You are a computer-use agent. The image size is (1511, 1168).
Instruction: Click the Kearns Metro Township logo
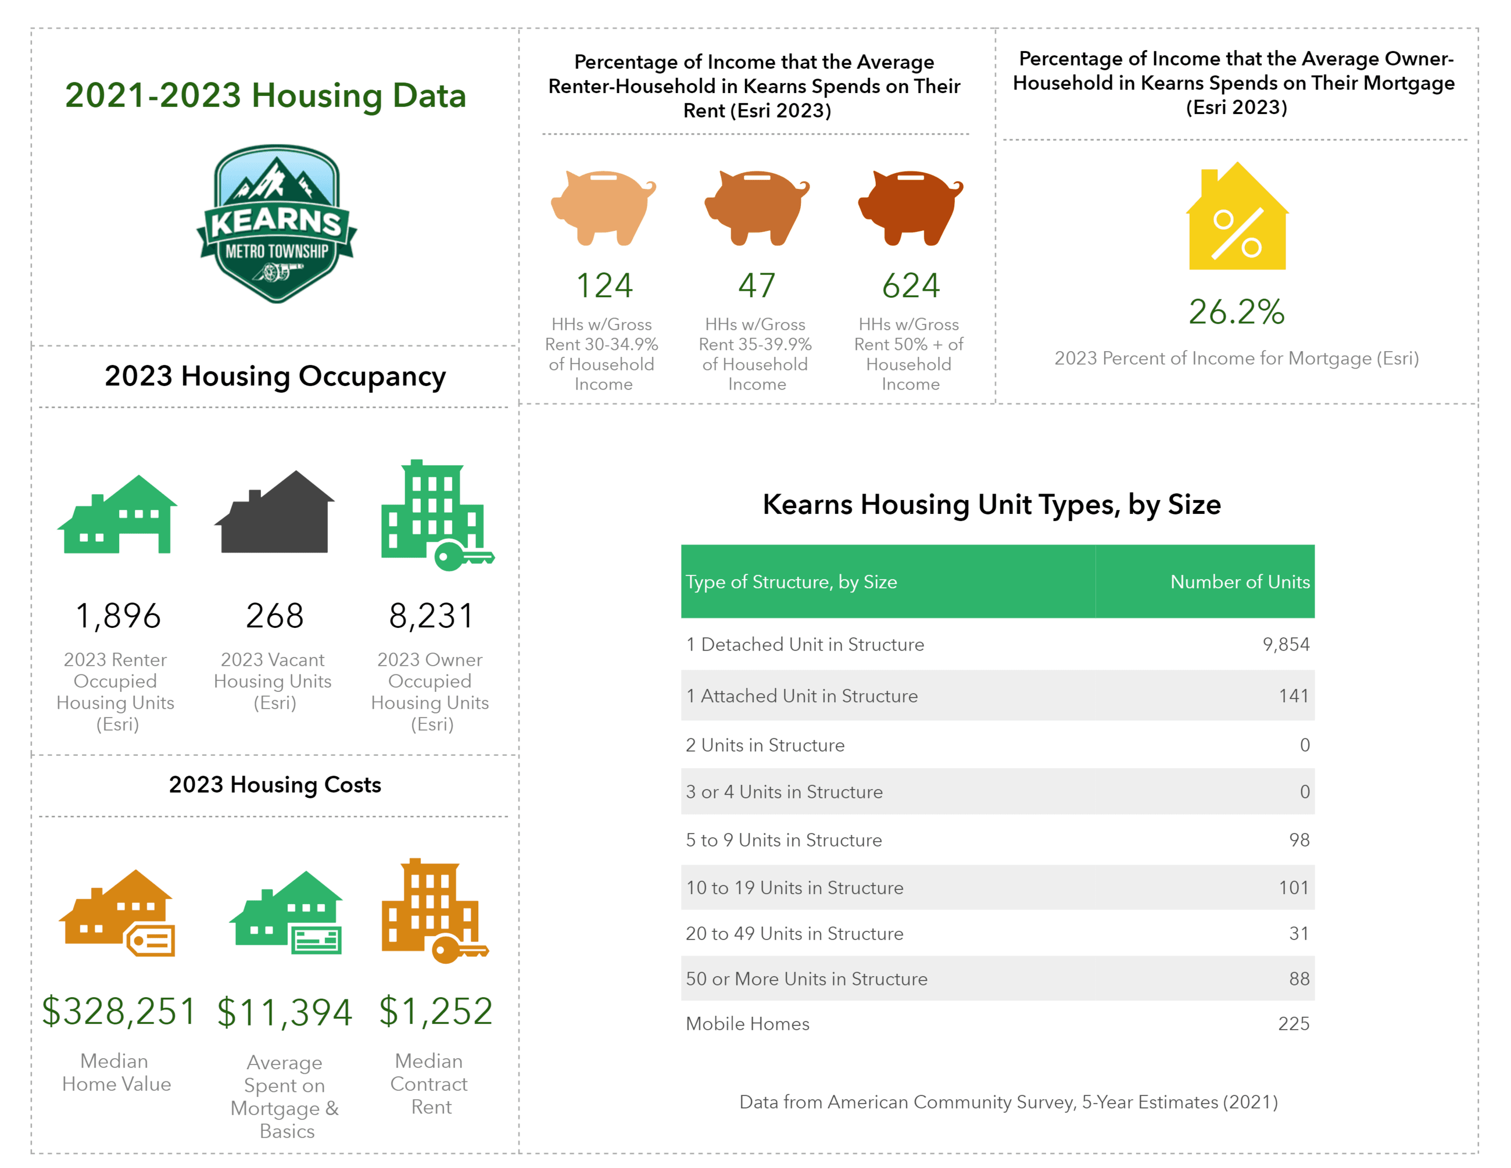(277, 223)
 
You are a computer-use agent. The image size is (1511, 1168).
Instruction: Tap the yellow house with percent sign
(1237, 218)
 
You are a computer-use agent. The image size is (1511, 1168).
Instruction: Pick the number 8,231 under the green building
(432, 615)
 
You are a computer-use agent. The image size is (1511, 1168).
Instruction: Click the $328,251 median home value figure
(119, 1011)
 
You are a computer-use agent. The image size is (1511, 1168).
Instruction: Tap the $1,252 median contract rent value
(436, 1011)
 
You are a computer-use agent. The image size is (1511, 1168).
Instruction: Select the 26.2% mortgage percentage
(1236, 312)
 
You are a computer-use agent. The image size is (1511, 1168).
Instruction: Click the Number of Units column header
(1239, 582)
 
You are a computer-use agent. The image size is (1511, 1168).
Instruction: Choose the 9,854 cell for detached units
(1286, 644)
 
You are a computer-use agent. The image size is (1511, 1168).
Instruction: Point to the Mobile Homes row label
(747, 1023)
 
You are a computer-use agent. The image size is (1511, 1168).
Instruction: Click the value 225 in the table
(1293, 1023)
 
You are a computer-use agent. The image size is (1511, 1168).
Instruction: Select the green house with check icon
(286, 913)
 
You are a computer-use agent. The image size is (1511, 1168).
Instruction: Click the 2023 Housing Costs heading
(275, 785)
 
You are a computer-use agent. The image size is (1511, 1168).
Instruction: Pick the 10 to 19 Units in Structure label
(794, 888)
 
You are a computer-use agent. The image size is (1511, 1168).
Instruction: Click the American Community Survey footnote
(1008, 1102)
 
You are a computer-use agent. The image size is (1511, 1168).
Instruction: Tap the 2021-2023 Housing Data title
(266, 95)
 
